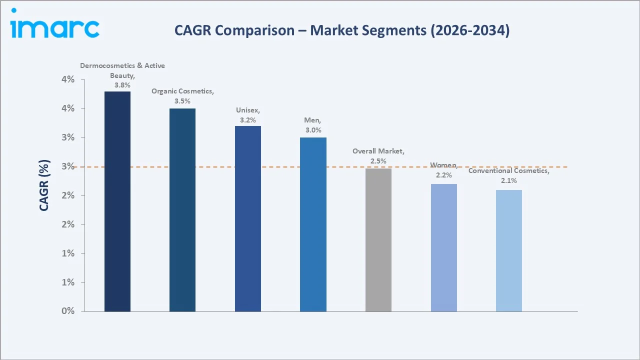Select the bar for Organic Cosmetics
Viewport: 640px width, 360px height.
[x=182, y=210]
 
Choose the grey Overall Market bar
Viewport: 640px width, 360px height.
[x=378, y=239]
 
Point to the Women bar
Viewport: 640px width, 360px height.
[x=443, y=247]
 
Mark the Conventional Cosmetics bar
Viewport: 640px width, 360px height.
[x=509, y=250]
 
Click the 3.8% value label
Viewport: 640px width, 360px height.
[x=122, y=85]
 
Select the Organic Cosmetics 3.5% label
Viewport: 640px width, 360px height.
[x=182, y=101]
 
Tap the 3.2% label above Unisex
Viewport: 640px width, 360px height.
[x=248, y=120]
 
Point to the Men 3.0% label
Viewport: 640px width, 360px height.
[x=313, y=130]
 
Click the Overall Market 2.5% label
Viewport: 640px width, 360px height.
[x=378, y=161]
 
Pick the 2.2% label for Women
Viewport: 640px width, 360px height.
[x=443, y=175]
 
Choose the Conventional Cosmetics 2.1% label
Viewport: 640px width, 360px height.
[x=509, y=180]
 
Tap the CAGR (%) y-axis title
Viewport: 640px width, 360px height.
[x=44, y=185]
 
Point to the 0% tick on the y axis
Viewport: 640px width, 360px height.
[x=67, y=311]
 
